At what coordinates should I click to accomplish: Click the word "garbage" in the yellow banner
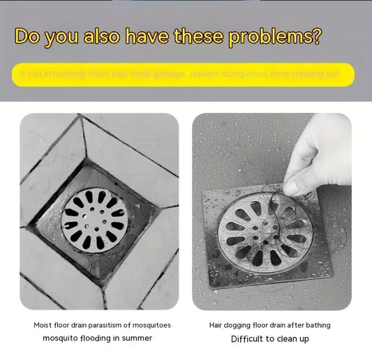click(x=172, y=74)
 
